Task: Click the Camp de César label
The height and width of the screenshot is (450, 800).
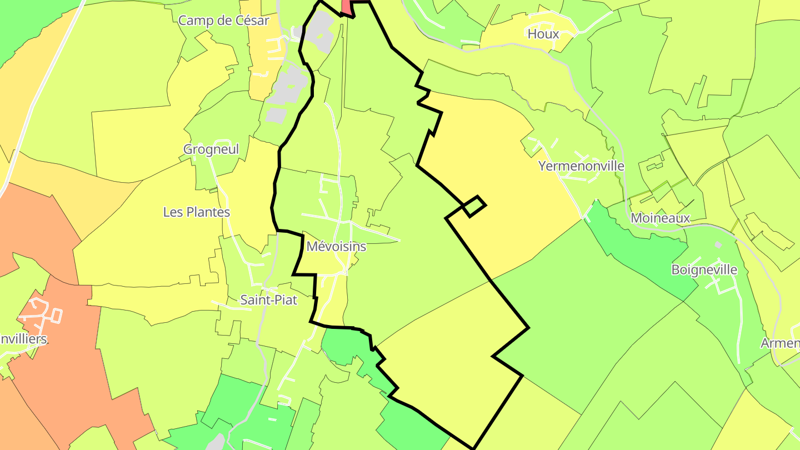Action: [223, 21]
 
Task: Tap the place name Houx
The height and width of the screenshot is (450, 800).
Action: [543, 34]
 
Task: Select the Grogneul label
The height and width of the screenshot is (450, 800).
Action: [211, 149]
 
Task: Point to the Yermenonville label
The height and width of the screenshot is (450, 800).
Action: [581, 166]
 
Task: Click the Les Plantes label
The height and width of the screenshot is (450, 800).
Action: [196, 212]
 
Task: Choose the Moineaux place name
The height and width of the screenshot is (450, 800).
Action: [660, 218]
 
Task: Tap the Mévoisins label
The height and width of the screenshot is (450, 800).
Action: [336, 247]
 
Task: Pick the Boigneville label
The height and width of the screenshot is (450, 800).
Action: [704, 270]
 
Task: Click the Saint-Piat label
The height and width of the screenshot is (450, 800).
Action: [268, 301]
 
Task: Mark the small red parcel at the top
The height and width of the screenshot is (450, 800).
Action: [347, 7]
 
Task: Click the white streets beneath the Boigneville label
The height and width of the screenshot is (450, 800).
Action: [722, 286]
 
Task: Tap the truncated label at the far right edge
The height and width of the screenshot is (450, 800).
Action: [780, 343]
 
